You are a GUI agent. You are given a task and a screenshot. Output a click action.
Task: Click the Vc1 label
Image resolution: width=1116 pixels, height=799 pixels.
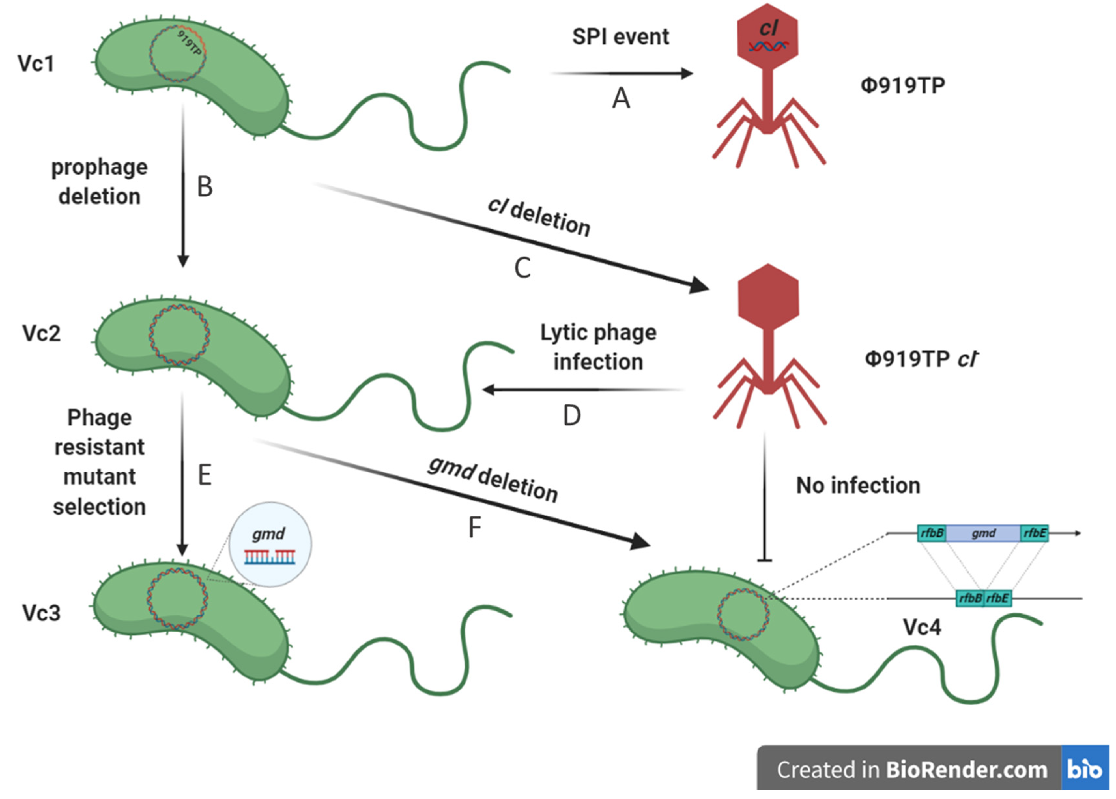pyautogui.click(x=36, y=64)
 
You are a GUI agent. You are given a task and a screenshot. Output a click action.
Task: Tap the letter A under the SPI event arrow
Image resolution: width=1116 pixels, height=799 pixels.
pyautogui.click(x=621, y=98)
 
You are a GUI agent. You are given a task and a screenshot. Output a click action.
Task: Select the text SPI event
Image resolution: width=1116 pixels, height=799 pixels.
pyautogui.click(x=620, y=37)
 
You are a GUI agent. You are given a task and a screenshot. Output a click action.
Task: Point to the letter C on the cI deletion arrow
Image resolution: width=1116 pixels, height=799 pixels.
pyautogui.click(x=522, y=269)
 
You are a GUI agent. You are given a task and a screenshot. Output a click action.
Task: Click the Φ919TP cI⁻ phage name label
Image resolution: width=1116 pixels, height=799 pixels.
pyautogui.click(x=921, y=359)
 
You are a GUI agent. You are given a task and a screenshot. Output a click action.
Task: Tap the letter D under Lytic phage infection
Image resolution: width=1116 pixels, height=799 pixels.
pyautogui.click(x=572, y=416)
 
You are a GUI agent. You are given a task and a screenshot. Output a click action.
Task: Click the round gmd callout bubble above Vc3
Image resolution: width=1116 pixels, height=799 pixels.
pyautogui.click(x=270, y=545)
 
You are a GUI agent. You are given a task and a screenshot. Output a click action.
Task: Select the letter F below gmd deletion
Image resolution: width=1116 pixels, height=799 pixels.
pyautogui.click(x=474, y=528)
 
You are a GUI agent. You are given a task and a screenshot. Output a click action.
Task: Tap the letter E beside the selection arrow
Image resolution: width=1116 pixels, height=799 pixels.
pyautogui.click(x=205, y=475)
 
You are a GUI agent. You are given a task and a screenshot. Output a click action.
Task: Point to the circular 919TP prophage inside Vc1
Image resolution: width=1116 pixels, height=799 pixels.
pyautogui.click(x=178, y=53)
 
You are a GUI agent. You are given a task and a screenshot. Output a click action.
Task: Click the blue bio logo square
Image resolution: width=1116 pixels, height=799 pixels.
pyautogui.click(x=1084, y=769)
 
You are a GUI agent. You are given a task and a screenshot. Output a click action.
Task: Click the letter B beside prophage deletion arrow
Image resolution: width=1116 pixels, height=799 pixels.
pyautogui.click(x=205, y=187)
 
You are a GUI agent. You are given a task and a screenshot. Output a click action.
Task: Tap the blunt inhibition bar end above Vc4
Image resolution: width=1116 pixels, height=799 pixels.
pyautogui.click(x=764, y=560)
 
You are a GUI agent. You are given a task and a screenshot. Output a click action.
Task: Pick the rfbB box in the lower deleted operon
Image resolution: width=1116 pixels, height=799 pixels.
pyautogui.click(x=969, y=598)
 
